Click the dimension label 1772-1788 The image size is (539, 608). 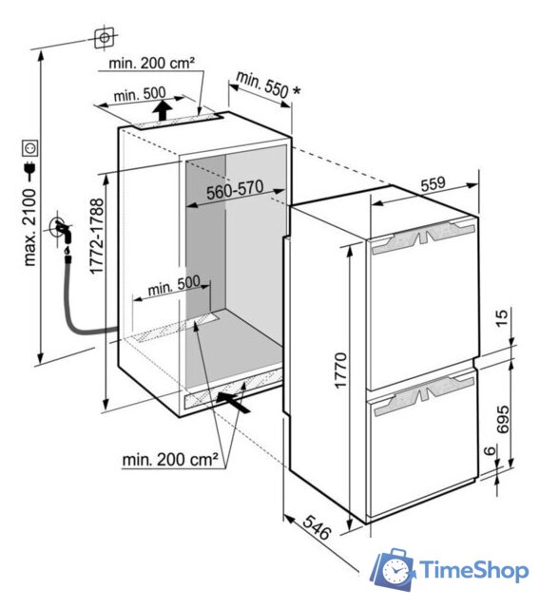coord(97,237)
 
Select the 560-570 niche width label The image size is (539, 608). coord(235,190)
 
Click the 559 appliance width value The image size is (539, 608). coord(433,183)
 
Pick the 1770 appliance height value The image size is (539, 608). coord(340,370)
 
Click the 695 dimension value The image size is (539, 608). coord(502,419)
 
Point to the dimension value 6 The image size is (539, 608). coord(491,450)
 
